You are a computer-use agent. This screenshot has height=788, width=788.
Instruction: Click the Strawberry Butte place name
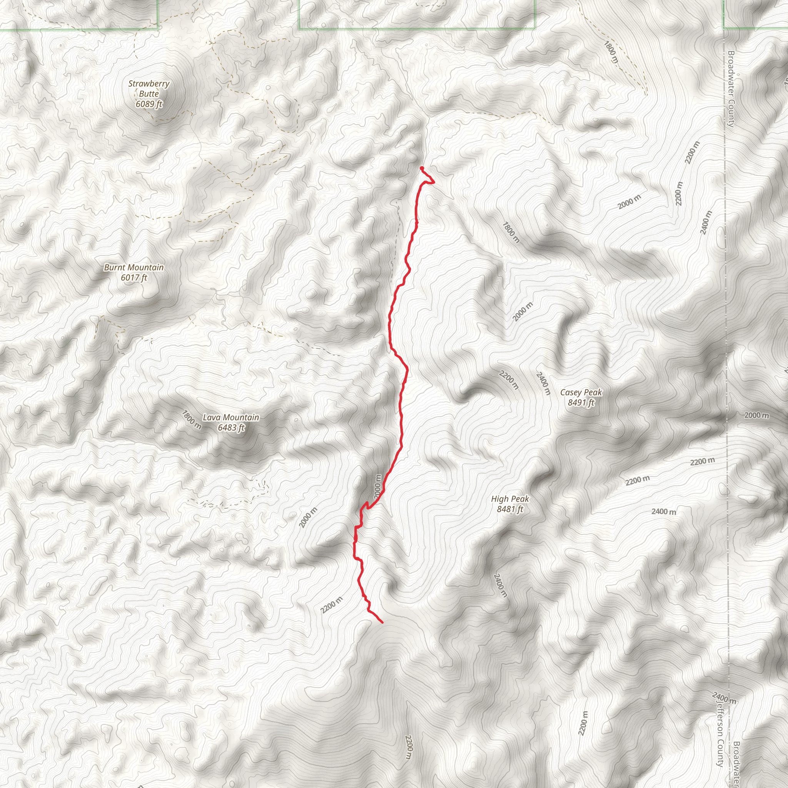click(x=149, y=88)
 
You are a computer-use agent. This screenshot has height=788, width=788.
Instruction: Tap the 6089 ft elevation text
click(x=149, y=104)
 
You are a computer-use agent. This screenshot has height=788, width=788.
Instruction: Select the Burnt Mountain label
click(x=134, y=267)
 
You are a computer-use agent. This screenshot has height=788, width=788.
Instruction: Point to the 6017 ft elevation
click(x=134, y=278)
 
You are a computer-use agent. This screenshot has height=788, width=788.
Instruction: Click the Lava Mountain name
click(x=231, y=417)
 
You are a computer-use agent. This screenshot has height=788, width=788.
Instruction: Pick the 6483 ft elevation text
click(x=231, y=427)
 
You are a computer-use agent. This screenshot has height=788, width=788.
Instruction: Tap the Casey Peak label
click(x=581, y=392)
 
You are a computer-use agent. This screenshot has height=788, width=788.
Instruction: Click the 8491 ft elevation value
click(x=581, y=402)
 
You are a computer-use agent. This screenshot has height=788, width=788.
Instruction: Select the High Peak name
click(x=510, y=499)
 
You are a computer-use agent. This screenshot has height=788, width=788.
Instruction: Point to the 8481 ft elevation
click(x=510, y=509)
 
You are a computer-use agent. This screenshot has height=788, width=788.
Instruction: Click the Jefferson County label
click(x=720, y=732)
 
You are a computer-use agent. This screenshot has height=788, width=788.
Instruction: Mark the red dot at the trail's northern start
click(x=421, y=168)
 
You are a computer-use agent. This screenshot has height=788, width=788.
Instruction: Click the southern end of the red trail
click(x=382, y=623)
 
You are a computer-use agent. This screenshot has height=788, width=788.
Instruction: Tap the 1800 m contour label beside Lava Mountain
click(x=191, y=420)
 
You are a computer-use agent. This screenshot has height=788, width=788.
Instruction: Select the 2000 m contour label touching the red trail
click(x=378, y=486)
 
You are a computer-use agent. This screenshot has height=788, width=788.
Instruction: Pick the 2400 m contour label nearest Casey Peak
click(x=543, y=383)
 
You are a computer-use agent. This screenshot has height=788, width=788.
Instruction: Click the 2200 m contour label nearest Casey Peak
click(x=509, y=380)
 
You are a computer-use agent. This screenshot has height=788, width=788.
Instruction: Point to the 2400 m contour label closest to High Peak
click(x=501, y=585)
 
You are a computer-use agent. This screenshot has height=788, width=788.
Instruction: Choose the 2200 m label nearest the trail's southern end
click(x=331, y=605)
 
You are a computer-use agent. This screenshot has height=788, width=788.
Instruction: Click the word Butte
click(x=149, y=94)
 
